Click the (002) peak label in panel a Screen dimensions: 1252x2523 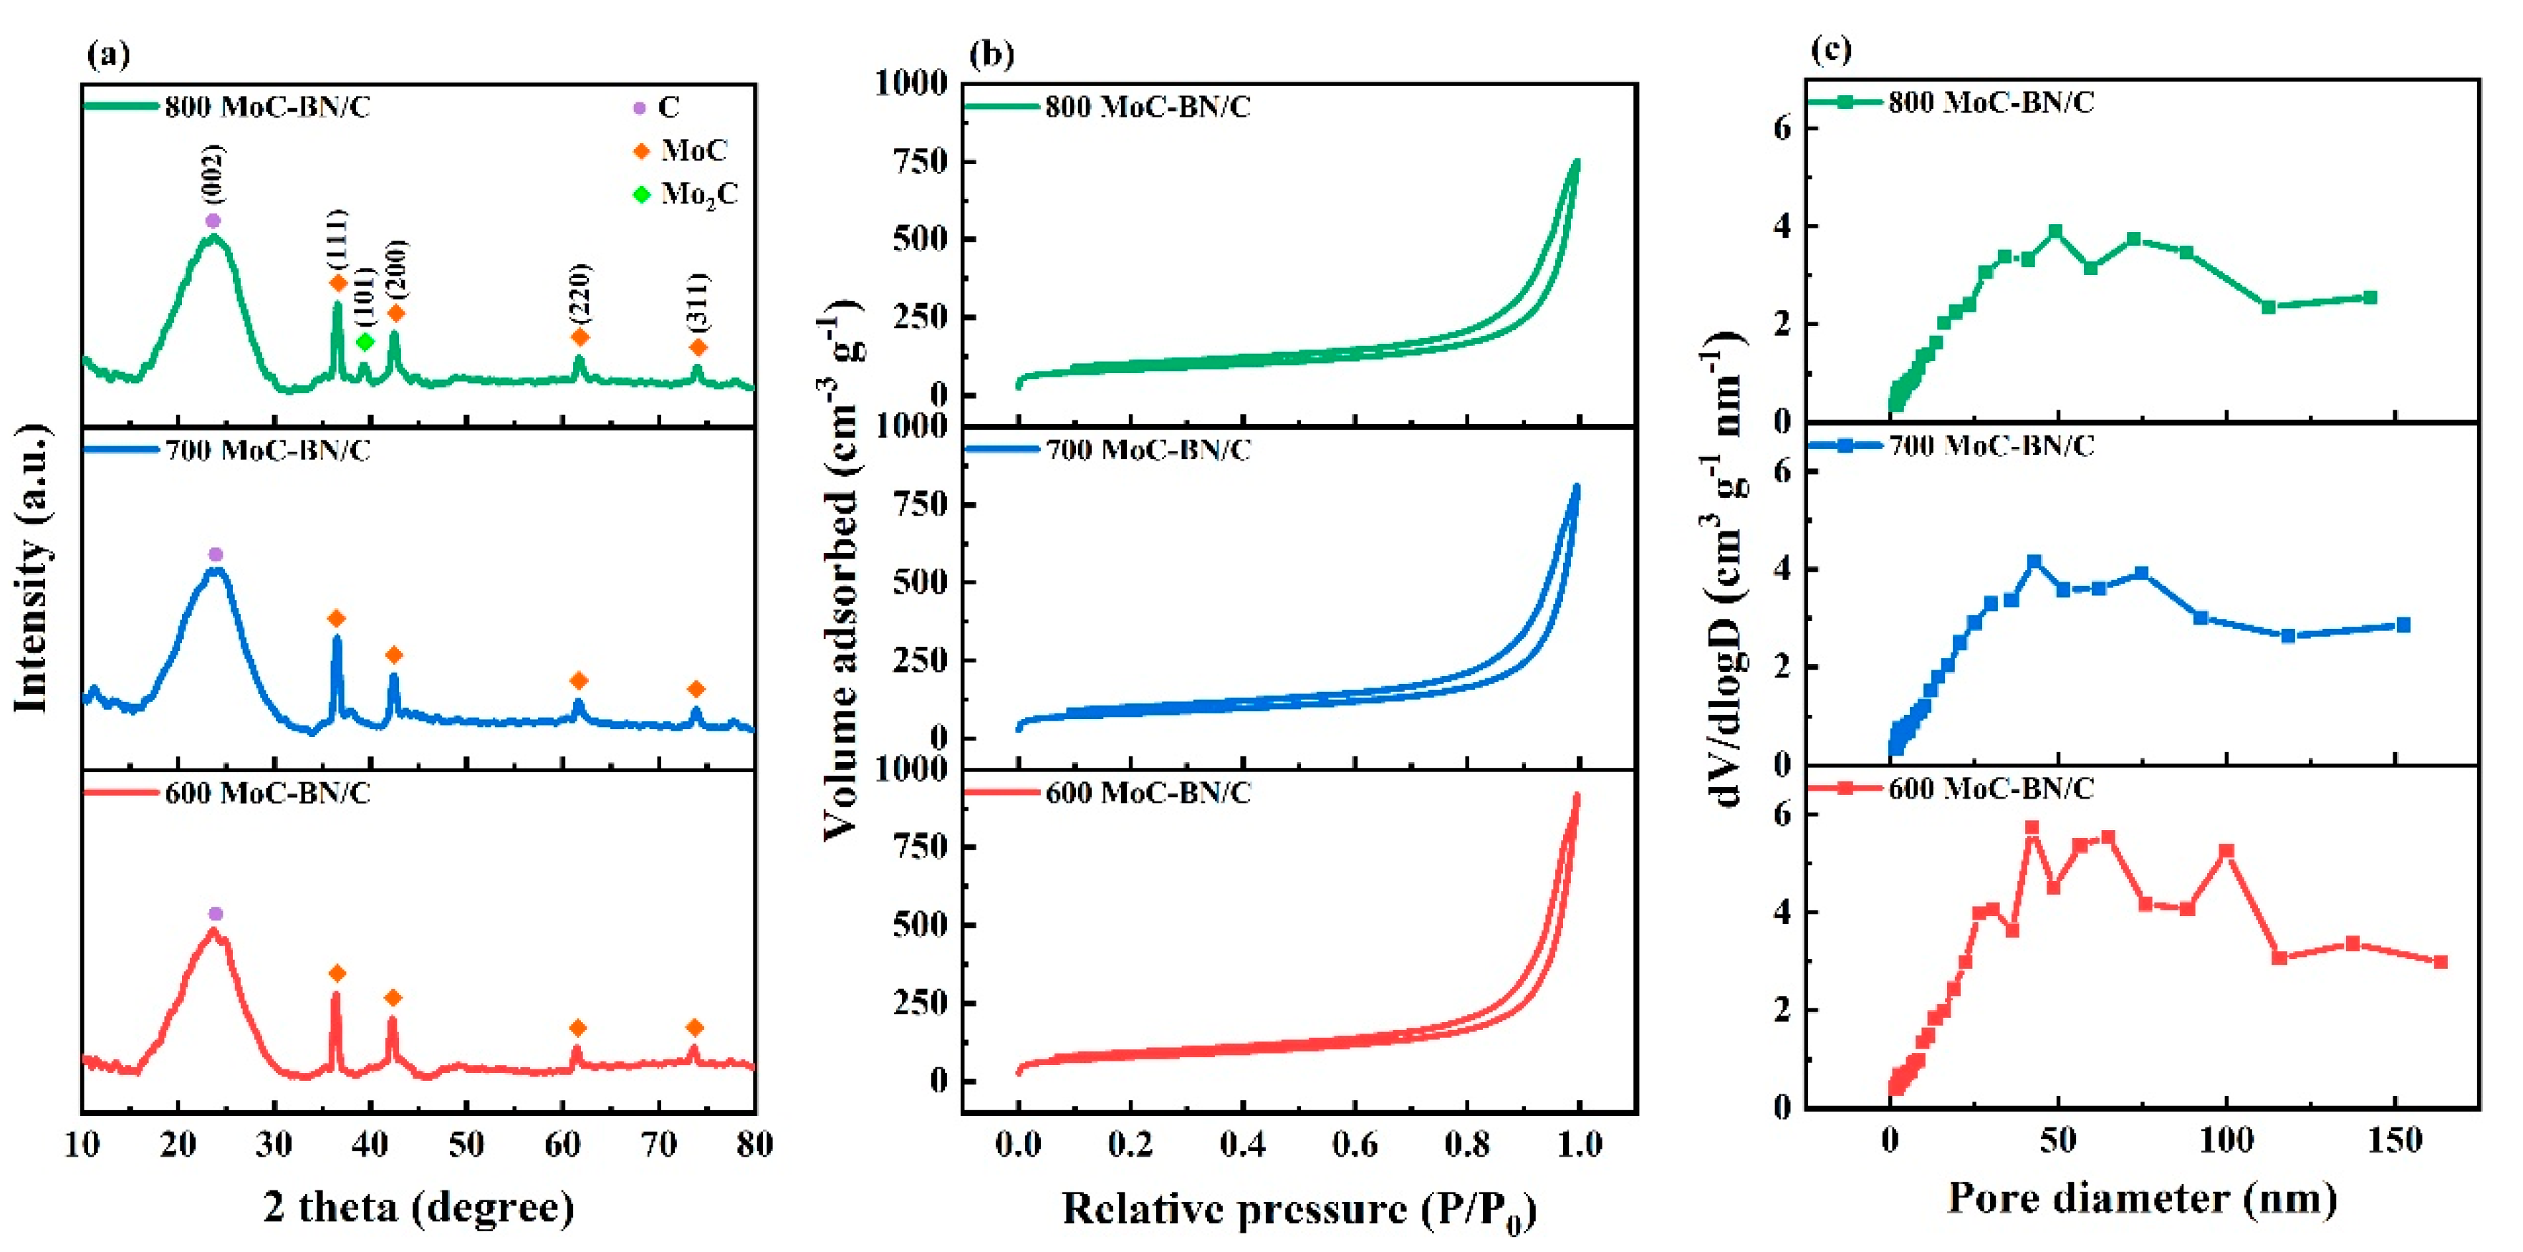click(213, 173)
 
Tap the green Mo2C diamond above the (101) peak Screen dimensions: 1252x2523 click(365, 342)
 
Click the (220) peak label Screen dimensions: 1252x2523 click(580, 293)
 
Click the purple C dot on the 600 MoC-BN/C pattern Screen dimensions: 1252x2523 click(216, 914)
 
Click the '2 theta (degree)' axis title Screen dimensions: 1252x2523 click(418, 1206)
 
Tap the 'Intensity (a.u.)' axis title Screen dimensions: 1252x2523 click(32, 568)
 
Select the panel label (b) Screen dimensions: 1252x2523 click(991, 53)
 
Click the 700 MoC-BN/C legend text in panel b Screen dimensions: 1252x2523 click(1148, 450)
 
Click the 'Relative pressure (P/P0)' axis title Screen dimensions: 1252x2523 click(1299, 1210)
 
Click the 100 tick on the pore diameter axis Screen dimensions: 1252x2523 click(2226, 1141)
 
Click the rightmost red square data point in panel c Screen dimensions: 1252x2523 click(2440, 962)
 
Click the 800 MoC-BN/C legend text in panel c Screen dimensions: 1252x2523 click(1991, 102)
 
